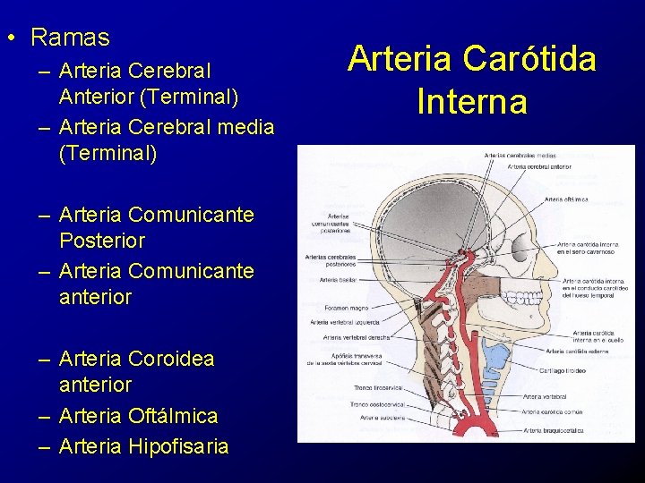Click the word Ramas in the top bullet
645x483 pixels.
(70, 38)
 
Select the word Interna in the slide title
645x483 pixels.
(472, 100)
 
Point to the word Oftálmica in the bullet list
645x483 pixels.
(173, 416)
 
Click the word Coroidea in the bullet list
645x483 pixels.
(171, 359)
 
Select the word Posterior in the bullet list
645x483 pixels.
(101, 241)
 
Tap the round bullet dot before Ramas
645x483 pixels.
(9, 38)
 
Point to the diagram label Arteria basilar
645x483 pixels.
(337, 280)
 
